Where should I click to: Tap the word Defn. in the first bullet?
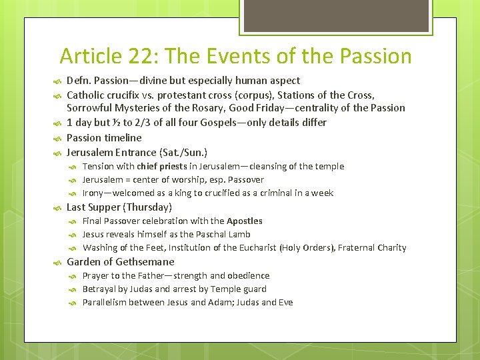80,80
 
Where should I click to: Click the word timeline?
123,137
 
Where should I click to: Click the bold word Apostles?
244,221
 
